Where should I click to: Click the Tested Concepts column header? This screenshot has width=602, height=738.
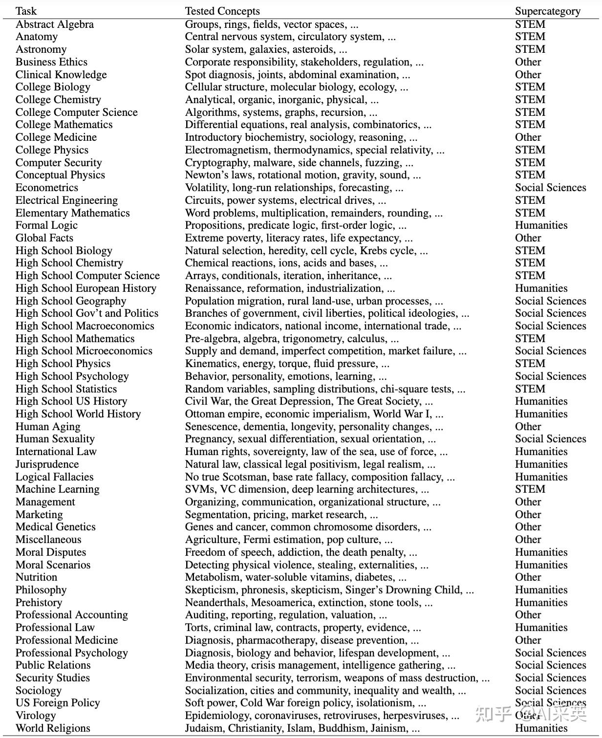222,11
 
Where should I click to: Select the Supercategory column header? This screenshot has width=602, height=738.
547,11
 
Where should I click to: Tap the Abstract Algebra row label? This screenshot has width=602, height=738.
54,24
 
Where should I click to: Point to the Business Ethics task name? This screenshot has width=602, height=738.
51,62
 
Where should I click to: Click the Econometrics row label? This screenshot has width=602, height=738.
46,188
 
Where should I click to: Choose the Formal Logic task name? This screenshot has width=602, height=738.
46,225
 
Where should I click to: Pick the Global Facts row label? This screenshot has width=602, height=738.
44,238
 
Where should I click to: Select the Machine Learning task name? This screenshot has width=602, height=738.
57,489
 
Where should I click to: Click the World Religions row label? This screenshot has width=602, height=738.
53,728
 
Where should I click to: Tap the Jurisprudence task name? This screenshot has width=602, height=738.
47,464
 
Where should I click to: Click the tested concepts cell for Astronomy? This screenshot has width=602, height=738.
266,49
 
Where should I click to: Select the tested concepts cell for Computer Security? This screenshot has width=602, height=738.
299,163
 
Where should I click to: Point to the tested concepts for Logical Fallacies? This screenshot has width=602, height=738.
320,477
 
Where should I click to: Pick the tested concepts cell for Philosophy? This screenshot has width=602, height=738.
329,590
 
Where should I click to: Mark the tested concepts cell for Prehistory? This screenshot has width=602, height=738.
308,603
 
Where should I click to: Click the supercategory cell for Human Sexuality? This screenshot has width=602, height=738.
550,439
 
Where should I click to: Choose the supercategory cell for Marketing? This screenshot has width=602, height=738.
528,515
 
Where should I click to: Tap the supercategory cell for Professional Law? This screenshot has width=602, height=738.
541,628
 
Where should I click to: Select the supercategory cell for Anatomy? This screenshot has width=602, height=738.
530,37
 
